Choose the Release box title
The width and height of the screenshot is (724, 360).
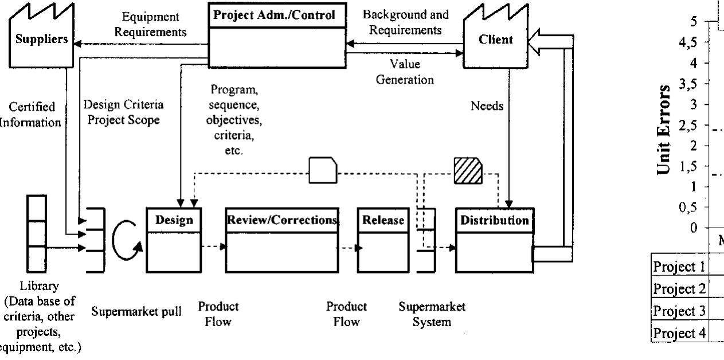(x=382, y=220)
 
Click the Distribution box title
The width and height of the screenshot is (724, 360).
(x=494, y=220)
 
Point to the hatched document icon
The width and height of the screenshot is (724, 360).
(x=468, y=171)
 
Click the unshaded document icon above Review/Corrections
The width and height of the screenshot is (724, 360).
(x=323, y=171)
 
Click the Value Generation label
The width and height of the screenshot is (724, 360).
(x=404, y=71)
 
